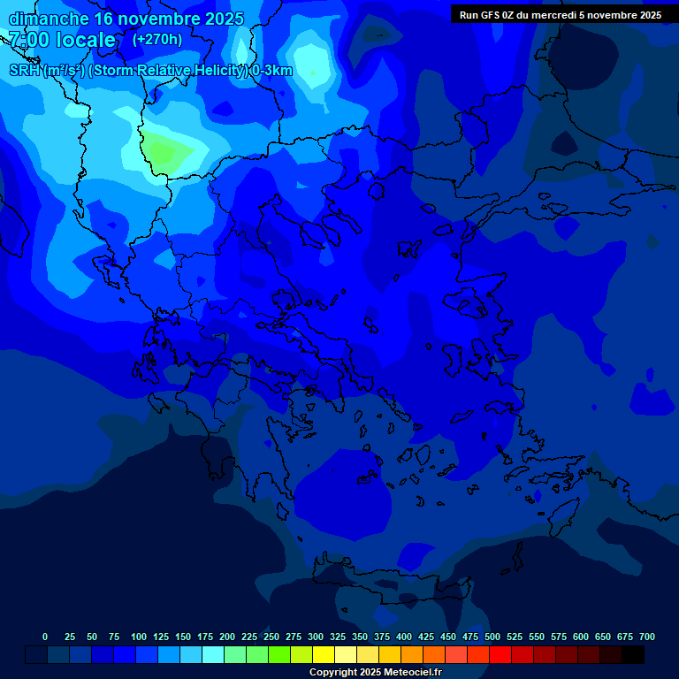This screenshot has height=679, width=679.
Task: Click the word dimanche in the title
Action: [x=49, y=19]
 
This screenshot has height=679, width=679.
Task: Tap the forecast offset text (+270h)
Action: [x=156, y=39]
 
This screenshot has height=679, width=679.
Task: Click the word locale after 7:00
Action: [x=85, y=40]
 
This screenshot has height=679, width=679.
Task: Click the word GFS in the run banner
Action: [x=488, y=15]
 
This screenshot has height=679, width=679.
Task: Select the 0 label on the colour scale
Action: [x=45, y=637]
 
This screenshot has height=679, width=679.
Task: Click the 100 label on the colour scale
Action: [x=139, y=637]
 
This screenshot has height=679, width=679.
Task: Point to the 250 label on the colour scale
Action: [x=271, y=637]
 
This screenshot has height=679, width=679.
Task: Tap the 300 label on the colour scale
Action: [x=316, y=637]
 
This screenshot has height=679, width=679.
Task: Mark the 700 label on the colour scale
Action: [x=647, y=637]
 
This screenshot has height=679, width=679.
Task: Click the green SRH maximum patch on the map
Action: [x=165, y=150]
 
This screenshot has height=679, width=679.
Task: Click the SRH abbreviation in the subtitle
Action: [x=25, y=71]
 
